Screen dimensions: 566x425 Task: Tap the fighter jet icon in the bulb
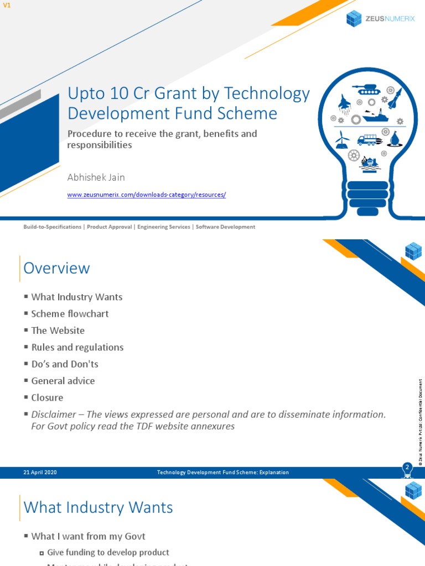point(344,103)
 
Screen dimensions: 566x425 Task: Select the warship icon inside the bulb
point(376,116)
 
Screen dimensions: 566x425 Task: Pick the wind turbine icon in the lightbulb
point(342,139)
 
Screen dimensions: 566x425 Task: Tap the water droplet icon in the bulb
point(395,138)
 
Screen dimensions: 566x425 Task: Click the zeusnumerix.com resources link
point(146,195)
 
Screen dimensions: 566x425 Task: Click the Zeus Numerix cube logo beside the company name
point(354,18)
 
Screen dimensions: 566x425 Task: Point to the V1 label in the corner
point(7,5)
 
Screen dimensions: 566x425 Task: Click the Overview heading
point(56,268)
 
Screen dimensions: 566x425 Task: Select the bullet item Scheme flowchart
point(70,313)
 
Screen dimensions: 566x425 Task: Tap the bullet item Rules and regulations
point(77,347)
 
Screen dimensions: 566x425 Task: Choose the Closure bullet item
point(47,397)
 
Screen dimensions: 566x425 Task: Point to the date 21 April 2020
point(40,472)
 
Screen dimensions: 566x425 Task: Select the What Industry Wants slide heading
point(98,507)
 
